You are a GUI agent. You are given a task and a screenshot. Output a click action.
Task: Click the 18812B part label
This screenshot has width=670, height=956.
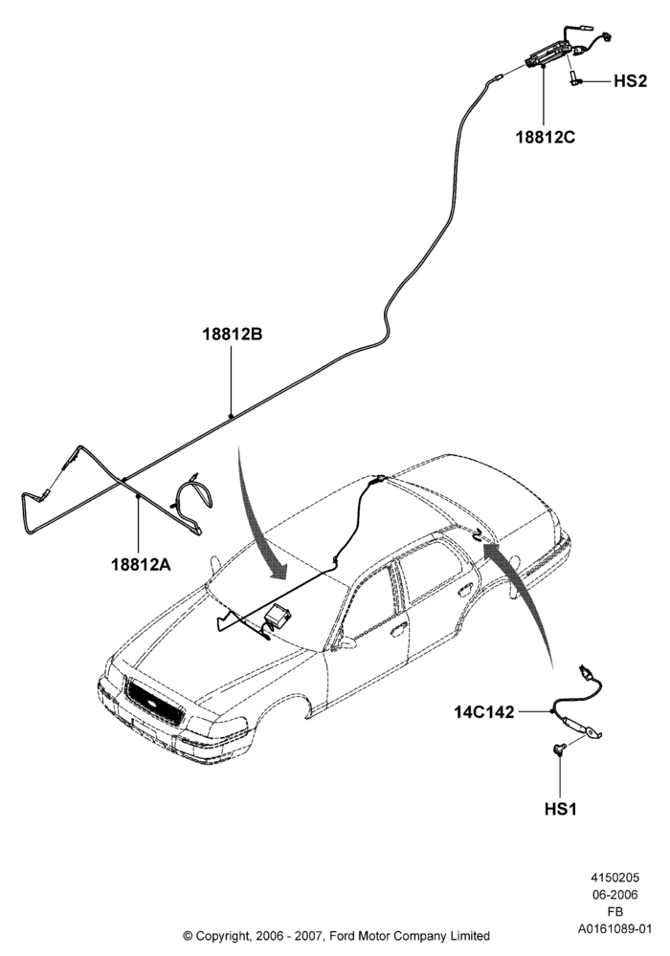233,334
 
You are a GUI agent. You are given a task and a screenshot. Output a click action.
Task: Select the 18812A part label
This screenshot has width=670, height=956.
141,565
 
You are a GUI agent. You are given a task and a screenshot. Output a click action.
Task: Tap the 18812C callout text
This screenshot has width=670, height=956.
546,137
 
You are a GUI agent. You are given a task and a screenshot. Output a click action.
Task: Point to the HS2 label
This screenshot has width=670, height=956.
630,81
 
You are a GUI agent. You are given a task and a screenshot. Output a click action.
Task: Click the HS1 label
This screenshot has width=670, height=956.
560,809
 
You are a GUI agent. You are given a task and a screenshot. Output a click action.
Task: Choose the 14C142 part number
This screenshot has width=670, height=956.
484,711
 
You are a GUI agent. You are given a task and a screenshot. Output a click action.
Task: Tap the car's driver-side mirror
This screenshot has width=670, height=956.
346,642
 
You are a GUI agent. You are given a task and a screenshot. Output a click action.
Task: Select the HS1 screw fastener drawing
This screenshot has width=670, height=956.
559,749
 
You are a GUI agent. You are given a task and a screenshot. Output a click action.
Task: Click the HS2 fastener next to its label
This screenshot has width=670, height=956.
575,79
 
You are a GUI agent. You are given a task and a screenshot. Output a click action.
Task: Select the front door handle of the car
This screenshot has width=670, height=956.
399,628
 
